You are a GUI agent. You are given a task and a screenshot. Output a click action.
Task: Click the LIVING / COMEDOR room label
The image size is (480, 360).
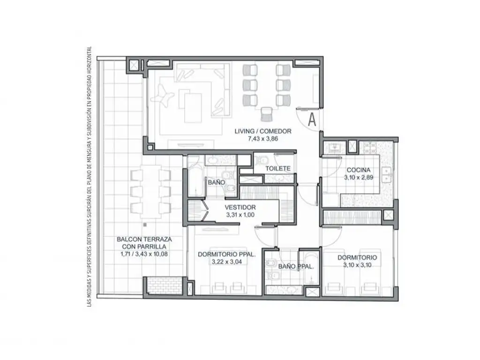point(263,131)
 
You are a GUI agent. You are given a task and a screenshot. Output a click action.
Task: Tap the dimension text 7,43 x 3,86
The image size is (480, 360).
point(263,139)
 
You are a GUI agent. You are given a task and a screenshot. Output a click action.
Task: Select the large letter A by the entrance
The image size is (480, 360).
point(312,120)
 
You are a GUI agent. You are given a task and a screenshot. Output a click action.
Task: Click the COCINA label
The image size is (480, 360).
point(359,170)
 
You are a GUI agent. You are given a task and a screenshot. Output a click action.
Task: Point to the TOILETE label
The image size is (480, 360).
point(278,169)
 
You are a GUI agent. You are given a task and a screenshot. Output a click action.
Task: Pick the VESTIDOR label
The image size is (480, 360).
point(240,208)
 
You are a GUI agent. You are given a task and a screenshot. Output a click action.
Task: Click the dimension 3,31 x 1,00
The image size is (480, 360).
point(240,215)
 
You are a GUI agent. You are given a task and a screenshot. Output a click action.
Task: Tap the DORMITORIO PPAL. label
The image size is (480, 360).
point(227,255)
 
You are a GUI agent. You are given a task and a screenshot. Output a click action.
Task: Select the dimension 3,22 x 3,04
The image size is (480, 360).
point(227,262)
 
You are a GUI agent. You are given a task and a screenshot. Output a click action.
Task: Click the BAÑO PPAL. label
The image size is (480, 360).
point(296,267)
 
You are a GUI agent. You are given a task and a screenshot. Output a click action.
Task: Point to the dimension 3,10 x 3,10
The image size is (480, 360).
point(357,265)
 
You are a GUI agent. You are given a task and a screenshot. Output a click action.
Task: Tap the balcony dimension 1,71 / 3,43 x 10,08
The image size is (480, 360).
point(144,254)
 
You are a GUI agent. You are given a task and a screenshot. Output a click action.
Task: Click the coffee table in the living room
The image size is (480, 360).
point(193,108)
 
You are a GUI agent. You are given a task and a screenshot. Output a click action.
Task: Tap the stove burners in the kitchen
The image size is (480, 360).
point(368,148)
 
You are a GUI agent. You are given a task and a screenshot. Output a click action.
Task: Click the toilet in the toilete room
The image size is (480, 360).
point(262,160)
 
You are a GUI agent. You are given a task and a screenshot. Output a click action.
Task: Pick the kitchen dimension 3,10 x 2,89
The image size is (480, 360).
point(359,177)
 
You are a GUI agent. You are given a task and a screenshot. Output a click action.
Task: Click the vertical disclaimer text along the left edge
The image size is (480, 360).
point(90,177)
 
